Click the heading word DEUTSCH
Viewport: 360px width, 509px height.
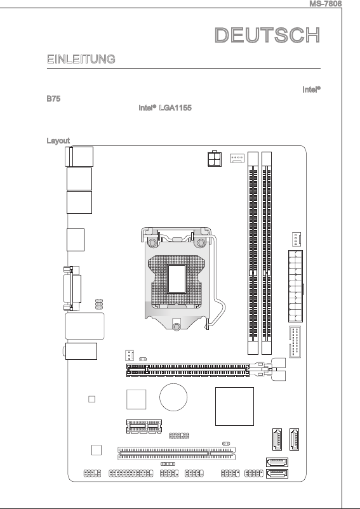tap(267, 35)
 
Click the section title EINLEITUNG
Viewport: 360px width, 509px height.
tap(81, 59)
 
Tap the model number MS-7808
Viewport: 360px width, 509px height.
tap(326, 4)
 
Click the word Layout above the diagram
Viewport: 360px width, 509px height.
tap(58, 140)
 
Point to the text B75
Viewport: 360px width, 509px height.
tap(53, 98)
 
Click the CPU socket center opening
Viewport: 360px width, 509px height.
tap(177, 279)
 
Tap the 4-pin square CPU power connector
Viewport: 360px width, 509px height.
tap(215, 159)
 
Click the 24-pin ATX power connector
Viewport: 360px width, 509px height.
tap(295, 286)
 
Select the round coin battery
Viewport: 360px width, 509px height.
tap(173, 397)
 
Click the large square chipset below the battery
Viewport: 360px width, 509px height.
tap(234, 406)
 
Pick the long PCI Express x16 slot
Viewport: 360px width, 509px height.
tap(188, 370)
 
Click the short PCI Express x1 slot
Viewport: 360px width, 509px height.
tap(144, 426)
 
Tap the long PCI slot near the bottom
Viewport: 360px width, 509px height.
tap(177, 453)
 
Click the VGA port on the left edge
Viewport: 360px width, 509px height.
tap(72, 288)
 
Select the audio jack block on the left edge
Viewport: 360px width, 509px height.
tap(81, 351)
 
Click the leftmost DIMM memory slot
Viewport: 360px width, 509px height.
tap(253, 253)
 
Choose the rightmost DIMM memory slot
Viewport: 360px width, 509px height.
tap(267, 253)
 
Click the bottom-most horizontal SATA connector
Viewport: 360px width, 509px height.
tap(277, 473)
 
